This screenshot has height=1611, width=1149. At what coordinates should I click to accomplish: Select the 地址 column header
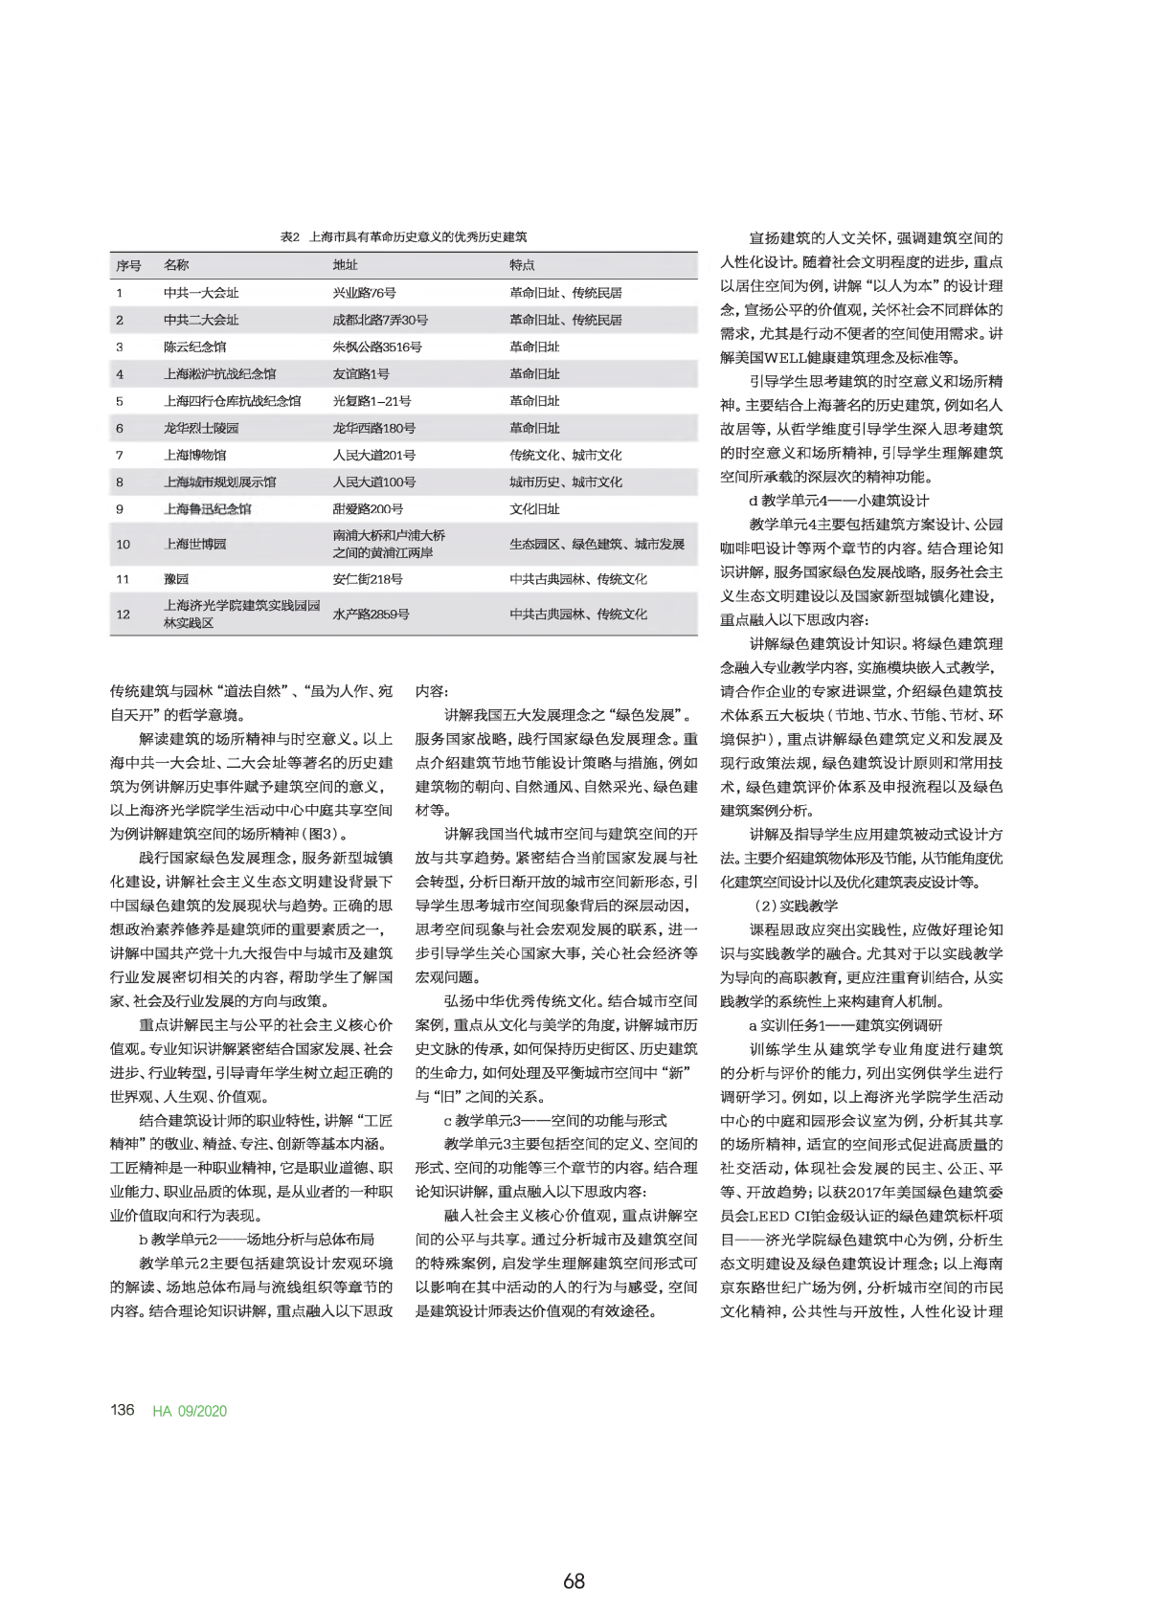(345, 265)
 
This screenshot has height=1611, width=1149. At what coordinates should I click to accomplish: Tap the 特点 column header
(522, 265)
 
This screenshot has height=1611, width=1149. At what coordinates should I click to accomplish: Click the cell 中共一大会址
(201, 293)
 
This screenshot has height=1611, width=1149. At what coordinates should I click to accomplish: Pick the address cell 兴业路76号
(364, 293)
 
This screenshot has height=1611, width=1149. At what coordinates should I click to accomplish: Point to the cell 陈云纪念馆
(194, 347)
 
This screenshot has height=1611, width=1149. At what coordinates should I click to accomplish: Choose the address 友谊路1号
(361, 374)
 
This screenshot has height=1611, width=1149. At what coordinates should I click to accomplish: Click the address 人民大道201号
(373, 456)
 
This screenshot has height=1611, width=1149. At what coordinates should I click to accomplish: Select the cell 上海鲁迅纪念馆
(208, 509)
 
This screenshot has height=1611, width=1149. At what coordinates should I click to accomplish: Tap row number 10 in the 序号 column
(123, 544)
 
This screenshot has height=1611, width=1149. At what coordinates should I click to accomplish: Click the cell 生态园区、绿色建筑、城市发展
(597, 544)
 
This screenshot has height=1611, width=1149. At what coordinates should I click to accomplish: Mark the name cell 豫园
(176, 579)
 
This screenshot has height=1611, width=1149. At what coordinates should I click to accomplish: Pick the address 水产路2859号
(371, 614)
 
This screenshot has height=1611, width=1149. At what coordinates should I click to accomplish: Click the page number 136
(123, 1410)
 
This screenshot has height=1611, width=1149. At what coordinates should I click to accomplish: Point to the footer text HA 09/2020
(190, 1411)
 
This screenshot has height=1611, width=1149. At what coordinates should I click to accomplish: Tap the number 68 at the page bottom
(574, 1581)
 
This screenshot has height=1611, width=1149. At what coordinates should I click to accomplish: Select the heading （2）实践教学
(794, 905)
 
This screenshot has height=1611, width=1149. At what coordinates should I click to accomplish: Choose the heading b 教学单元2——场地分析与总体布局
(257, 1239)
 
